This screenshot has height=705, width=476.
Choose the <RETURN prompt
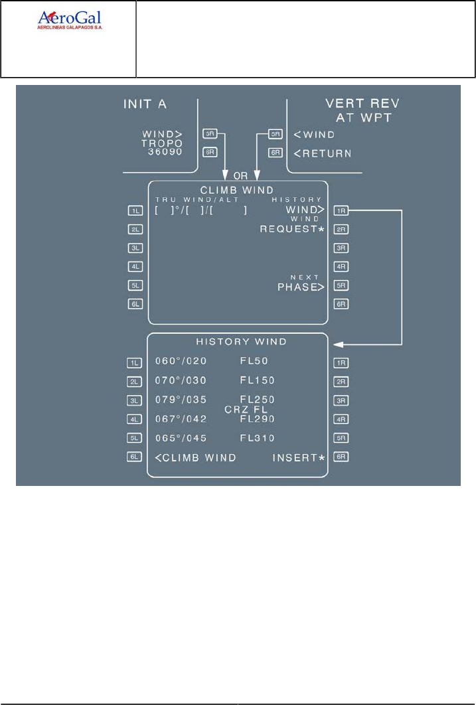(x=322, y=153)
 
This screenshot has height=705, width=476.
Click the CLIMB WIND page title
(x=238, y=191)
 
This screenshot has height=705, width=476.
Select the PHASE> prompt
(x=300, y=287)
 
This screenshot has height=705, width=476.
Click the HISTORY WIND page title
(x=241, y=342)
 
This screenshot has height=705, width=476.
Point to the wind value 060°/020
(x=181, y=362)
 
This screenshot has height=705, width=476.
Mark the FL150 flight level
(x=258, y=381)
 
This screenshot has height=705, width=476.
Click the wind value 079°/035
(x=181, y=400)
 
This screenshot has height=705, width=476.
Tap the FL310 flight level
(x=258, y=438)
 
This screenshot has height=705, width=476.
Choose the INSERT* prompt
(x=297, y=457)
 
